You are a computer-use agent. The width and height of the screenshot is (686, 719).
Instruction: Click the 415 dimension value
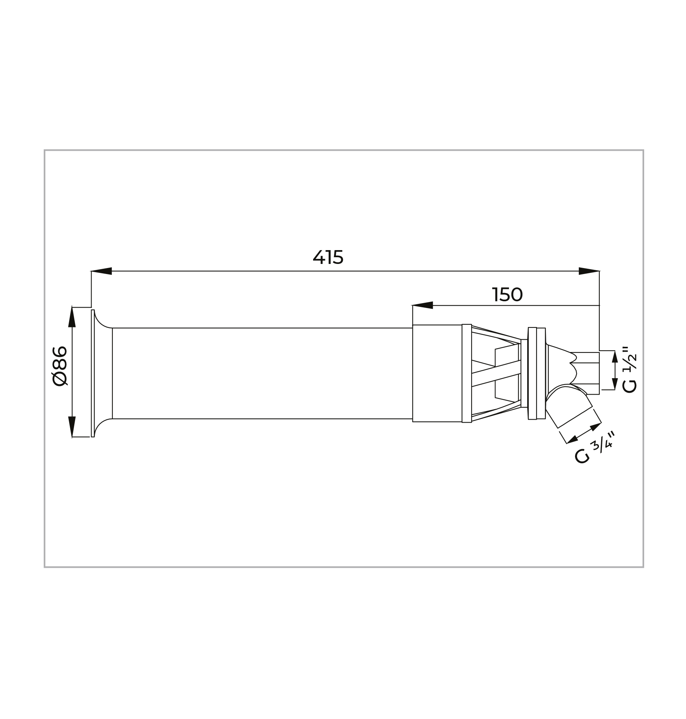coord(328,257)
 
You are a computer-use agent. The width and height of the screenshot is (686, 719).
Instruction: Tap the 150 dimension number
coord(507,295)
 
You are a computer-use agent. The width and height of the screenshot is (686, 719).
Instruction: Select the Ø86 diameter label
coord(60,366)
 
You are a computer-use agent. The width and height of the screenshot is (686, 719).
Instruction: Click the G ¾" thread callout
coord(594,448)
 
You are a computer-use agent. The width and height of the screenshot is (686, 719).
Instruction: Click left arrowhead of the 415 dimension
coord(102,271)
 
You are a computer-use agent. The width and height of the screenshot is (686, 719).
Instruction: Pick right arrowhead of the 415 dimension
coord(589,271)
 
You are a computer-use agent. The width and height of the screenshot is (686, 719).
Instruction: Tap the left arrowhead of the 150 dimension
coord(423,305)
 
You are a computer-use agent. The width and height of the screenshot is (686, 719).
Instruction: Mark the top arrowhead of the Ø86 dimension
coord(72,317)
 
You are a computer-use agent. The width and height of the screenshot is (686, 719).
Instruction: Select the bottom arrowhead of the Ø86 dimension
coord(72,427)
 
